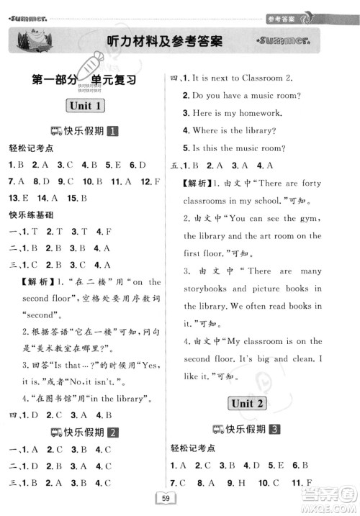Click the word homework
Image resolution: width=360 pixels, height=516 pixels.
pyautogui.click(x=272, y=113)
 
